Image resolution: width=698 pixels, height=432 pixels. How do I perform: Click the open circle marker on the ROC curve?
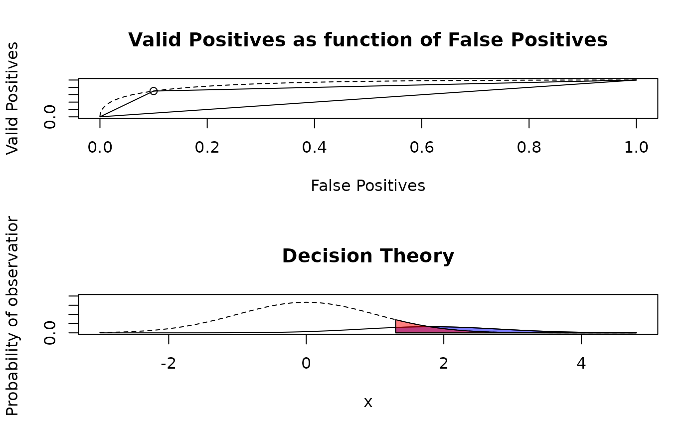(x=154, y=91)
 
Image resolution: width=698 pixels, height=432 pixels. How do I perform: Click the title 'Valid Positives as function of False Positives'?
(x=368, y=40)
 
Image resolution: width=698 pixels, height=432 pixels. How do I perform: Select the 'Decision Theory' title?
(x=368, y=256)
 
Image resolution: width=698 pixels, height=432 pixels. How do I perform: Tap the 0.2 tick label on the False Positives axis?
(x=207, y=147)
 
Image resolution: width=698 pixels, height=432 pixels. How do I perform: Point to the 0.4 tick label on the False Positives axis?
(x=315, y=147)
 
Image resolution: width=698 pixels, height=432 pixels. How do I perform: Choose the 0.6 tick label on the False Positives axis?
(x=422, y=147)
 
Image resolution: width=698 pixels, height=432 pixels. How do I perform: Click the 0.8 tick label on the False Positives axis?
(x=529, y=147)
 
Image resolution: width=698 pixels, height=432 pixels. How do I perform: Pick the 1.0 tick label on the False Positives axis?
(x=636, y=147)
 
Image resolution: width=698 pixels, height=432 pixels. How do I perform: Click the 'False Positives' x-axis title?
(x=368, y=186)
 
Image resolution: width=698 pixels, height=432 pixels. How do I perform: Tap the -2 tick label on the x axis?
(x=169, y=363)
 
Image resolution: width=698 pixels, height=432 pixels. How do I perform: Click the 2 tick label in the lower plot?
(x=444, y=363)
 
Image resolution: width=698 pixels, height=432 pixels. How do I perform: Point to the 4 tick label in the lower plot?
(x=581, y=363)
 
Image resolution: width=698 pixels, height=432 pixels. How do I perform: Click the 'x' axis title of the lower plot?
(x=368, y=402)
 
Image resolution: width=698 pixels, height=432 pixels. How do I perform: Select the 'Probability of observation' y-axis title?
(x=12, y=316)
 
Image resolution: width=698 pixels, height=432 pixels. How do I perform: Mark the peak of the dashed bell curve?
(x=306, y=302)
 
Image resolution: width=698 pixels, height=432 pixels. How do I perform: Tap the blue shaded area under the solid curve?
(x=479, y=330)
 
